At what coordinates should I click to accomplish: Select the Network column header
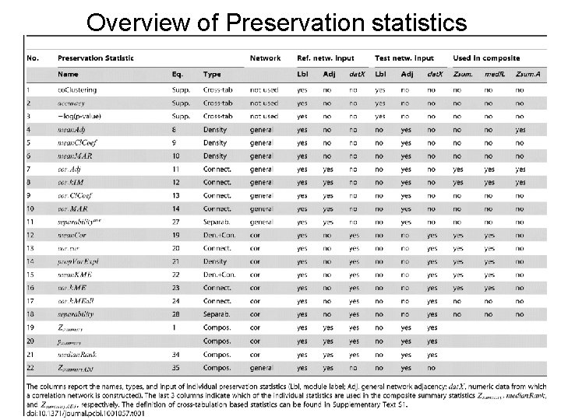pyautogui.click(x=266, y=58)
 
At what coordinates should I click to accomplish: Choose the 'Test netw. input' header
pyautogui.click(x=404, y=58)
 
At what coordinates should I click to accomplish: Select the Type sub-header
pyautogui.click(x=212, y=74)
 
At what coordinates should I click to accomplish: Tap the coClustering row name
pyautogui.click(x=77, y=89)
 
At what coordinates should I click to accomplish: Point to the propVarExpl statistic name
pyautogui.click(x=79, y=261)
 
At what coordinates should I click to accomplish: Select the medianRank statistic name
pyautogui.click(x=76, y=354)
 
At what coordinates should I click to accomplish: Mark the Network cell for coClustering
pyautogui.click(x=264, y=89)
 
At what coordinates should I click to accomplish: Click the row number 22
pyautogui.click(x=31, y=367)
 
